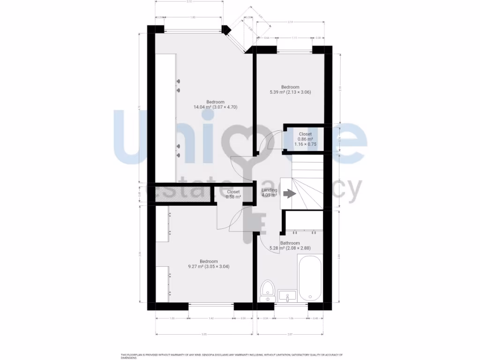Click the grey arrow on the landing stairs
(289, 193)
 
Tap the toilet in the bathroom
(268, 291)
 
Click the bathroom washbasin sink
(287, 296)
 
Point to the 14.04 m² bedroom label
(216, 105)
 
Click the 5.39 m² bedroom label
(290, 90)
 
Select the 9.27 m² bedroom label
(209, 264)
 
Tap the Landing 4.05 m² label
(270, 193)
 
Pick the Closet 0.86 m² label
(305, 139)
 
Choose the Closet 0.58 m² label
(233, 195)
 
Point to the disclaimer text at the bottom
(232, 357)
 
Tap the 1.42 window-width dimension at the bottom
(211, 319)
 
